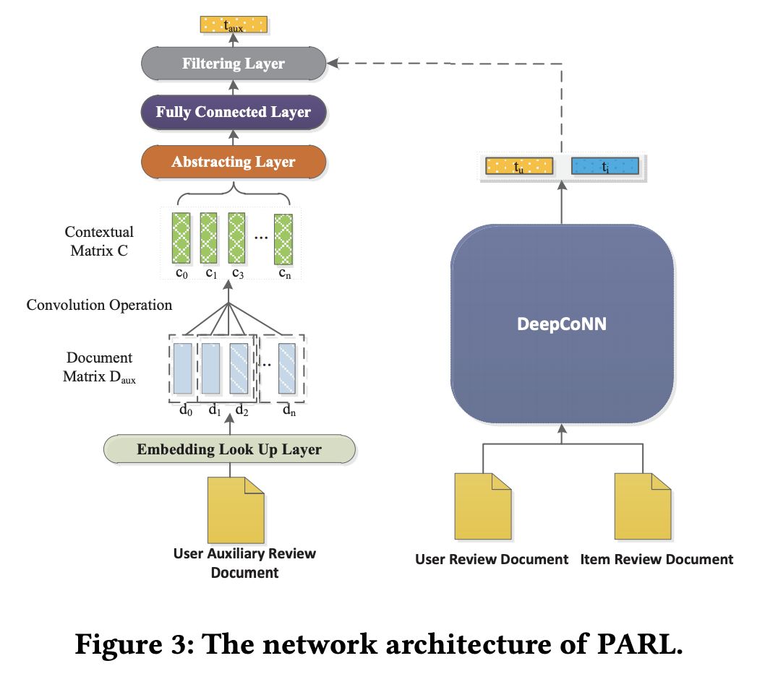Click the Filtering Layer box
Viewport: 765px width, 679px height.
pos(233,64)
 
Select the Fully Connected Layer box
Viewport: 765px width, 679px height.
pos(233,112)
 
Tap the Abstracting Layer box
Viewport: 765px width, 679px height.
pos(233,161)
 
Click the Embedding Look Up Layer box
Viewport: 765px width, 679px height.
pos(229,449)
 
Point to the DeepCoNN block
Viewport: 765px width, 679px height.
pos(562,324)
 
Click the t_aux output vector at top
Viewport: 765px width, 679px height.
pos(233,25)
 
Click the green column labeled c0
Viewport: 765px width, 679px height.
pos(180,238)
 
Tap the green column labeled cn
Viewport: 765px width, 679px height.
pos(283,238)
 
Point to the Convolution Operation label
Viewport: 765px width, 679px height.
pos(99,305)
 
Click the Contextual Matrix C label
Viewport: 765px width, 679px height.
pos(99,241)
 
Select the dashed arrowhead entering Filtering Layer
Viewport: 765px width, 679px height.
pos(333,64)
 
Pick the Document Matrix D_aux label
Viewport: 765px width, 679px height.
pos(99,367)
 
